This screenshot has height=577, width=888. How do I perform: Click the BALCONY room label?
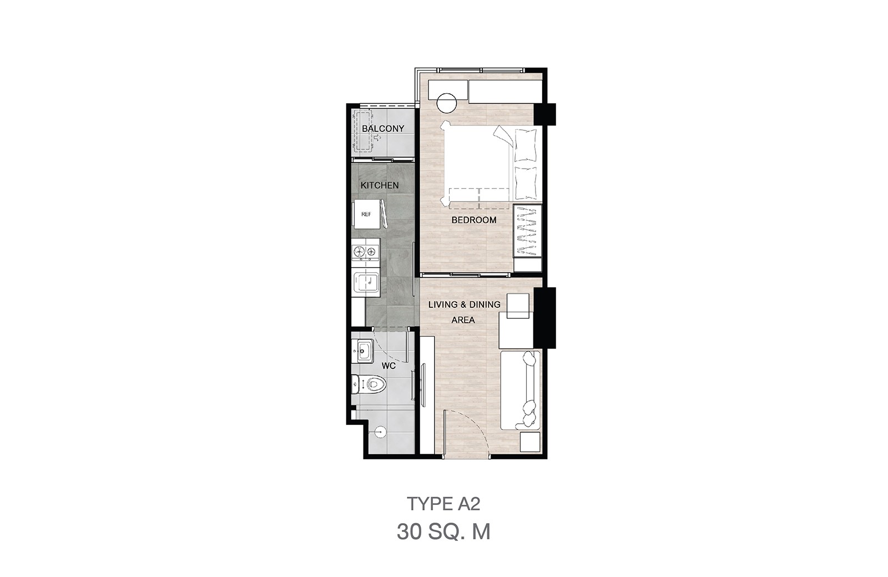tap(383, 128)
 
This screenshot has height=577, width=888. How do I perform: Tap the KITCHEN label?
tap(380, 185)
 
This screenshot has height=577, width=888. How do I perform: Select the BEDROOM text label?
tap(474, 220)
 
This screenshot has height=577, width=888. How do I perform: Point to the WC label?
tap(389, 366)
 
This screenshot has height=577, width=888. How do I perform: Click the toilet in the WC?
tap(369, 384)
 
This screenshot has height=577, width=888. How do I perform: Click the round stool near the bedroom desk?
tap(447, 103)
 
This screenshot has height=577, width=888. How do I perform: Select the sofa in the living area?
tap(520, 390)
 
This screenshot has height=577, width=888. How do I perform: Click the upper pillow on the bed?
tap(526, 145)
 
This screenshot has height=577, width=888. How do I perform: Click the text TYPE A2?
tap(443, 504)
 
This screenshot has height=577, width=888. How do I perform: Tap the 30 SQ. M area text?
tap(443, 532)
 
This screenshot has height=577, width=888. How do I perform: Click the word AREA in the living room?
tap(463, 320)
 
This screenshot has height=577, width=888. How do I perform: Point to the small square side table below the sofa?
tap(530, 442)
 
